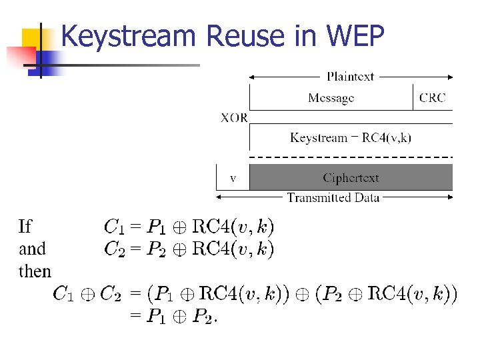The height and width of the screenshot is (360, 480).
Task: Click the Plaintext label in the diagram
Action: tap(351, 77)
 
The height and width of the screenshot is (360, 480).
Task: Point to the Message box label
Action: tap(331, 98)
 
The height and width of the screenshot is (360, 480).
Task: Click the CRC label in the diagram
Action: tap(433, 98)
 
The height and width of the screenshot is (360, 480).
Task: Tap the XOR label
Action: tap(234, 118)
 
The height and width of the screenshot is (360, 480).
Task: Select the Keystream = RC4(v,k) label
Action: tap(351, 138)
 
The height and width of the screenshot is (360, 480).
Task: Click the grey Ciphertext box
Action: tap(351, 178)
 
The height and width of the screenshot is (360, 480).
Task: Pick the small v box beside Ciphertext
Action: tap(233, 178)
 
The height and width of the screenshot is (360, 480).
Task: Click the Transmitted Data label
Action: tap(333, 197)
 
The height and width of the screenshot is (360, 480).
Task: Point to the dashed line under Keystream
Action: tap(351, 157)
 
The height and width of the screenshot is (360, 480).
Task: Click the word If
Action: tap(25, 227)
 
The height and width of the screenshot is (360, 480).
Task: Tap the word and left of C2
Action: tap(32, 249)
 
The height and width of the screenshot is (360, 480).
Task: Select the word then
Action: tap(35, 271)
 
